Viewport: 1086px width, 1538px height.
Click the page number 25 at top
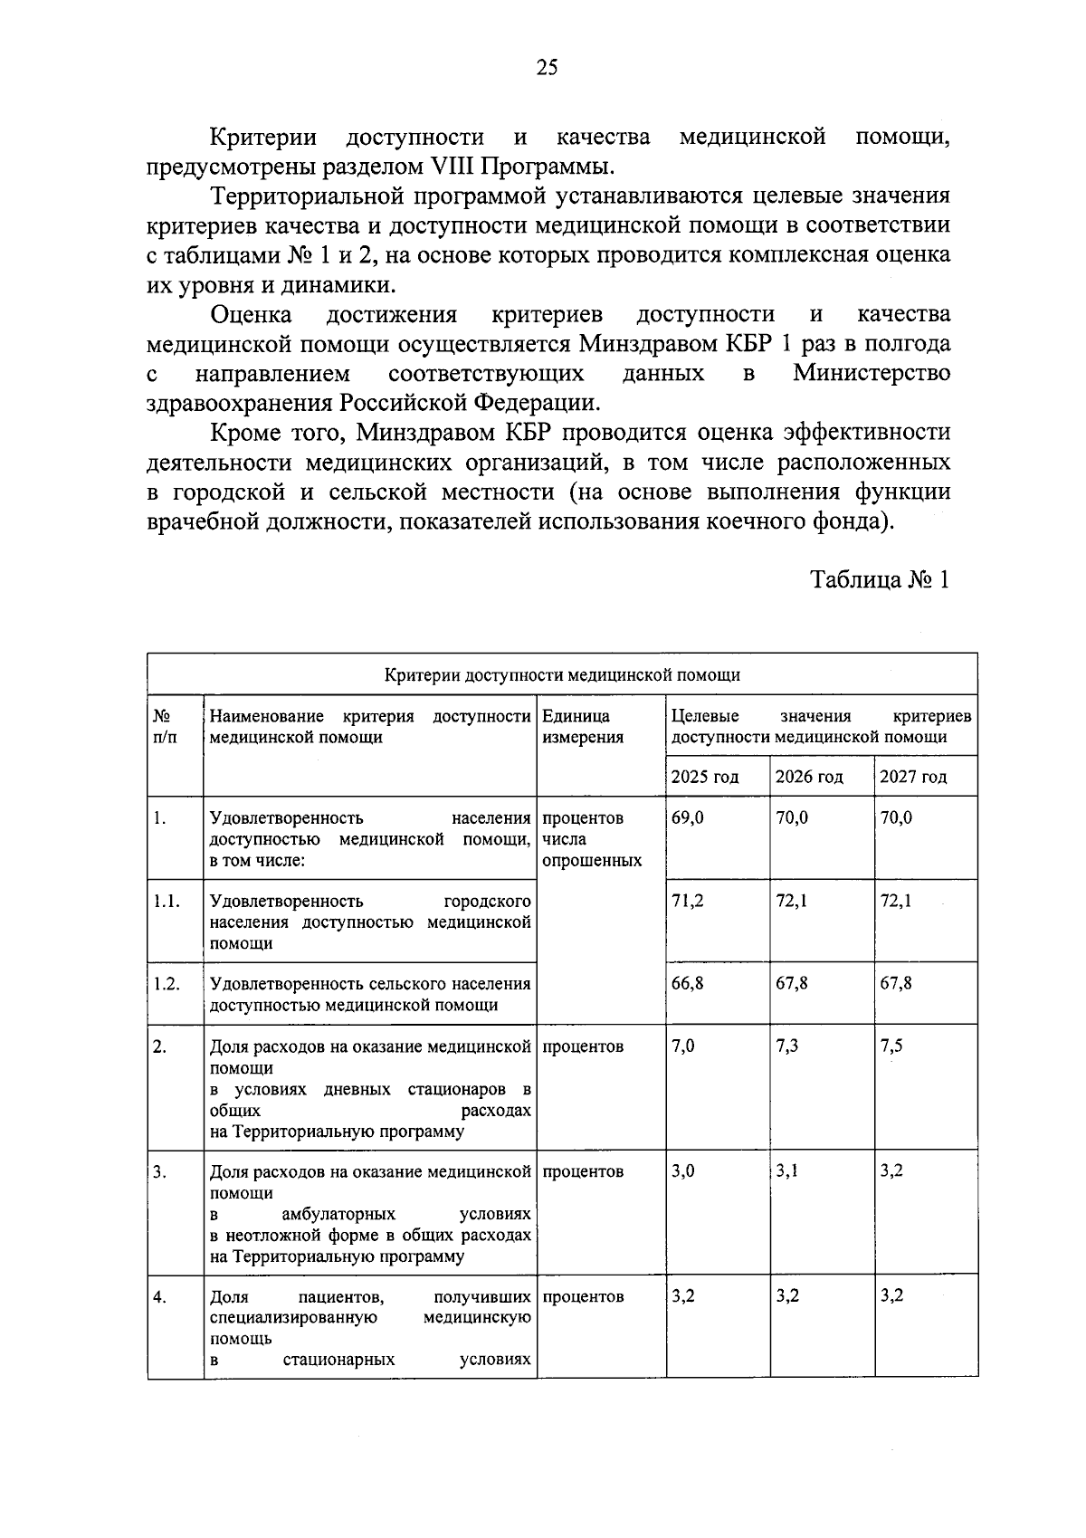pyautogui.click(x=548, y=68)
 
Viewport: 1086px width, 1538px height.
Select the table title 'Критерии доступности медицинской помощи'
pyautogui.click(x=562, y=674)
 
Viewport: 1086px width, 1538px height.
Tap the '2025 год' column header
pyautogui.click(x=705, y=777)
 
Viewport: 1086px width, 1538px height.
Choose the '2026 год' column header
pyautogui.click(x=809, y=777)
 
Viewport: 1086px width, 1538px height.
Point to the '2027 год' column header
pyautogui.click(x=913, y=777)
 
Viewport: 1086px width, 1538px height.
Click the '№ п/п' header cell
pyautogui.click(x=166, y=726)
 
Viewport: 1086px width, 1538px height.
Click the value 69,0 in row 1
pyautogui.click(x=688, y=817)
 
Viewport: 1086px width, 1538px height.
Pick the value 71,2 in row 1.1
pyautogui.click(x=688, y=901)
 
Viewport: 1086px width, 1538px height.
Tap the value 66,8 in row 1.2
pyautogui.click(x=688, y=983)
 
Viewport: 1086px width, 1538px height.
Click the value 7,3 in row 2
pyautogui.click(x=787, y=1046)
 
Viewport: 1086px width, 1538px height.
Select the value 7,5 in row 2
pyautogui.click(x=891, y=1046)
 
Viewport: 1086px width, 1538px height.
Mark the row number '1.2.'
pyautogui.click(x=167, y=984)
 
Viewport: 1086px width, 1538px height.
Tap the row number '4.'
pyautogui.click(x=159, y=1297)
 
